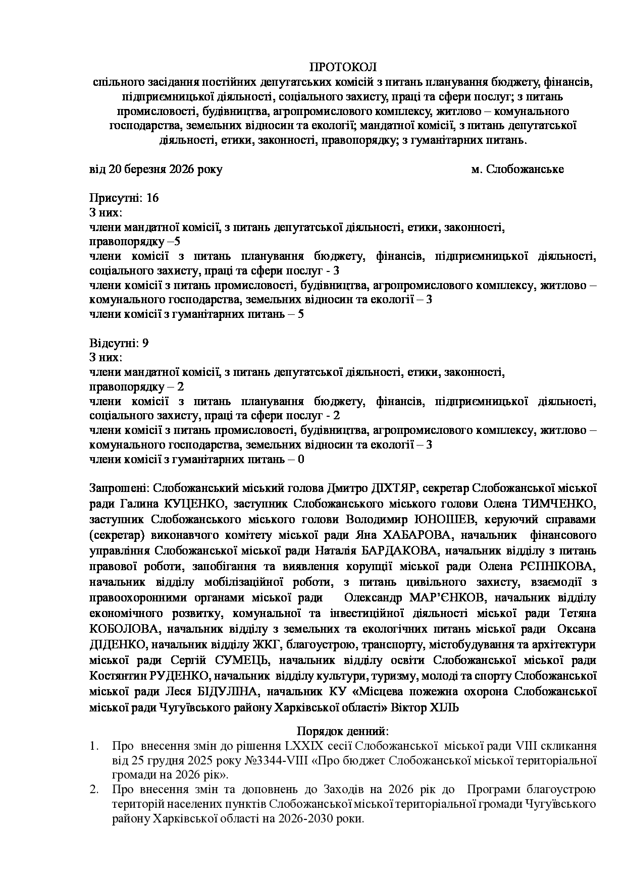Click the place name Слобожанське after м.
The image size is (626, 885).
coord(525,170)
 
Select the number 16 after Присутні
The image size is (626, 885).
coord(152,198)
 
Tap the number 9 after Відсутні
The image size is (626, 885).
coord(145,344)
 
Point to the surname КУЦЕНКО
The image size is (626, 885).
coord(193,504)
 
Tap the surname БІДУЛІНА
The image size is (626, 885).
coord(224,692)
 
